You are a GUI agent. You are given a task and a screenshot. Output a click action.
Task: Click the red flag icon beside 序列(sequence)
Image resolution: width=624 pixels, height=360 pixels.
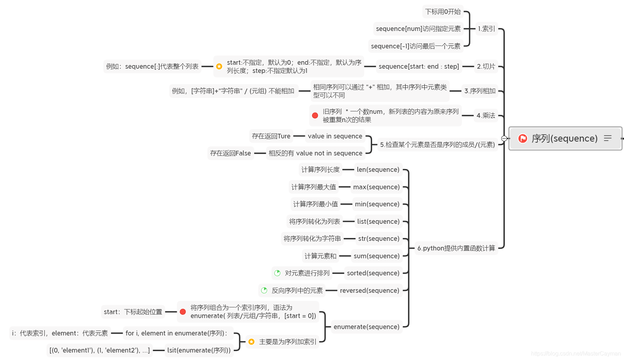click(x=523, y=138)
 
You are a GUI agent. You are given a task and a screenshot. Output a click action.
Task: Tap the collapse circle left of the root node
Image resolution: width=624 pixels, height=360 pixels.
click(x=504, y=138)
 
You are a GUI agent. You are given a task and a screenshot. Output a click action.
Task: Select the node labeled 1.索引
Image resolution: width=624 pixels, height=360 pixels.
click(x=486, y=29)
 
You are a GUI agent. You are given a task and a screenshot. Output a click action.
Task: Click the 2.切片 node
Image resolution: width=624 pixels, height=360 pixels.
click(x=486, y=67)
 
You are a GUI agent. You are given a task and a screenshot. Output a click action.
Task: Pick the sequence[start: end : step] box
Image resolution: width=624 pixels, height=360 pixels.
click(x=419, y=67)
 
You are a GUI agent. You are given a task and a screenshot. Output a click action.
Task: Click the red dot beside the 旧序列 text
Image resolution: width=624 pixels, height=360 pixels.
click(x=315, y=115)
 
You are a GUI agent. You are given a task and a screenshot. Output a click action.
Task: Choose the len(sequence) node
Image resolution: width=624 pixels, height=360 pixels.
click(x=378, y=170)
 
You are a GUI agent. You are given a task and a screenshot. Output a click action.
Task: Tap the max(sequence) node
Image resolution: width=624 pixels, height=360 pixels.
click(x=376, y=187)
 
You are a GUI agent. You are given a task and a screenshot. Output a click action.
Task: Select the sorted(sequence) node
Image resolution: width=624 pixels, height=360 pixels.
click(x=373, y=273)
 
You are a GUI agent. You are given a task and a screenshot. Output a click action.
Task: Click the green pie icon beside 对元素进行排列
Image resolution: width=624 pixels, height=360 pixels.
click(x=277, y=273)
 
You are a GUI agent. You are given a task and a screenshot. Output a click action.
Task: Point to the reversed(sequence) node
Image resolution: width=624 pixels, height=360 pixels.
click(x=370, y=291)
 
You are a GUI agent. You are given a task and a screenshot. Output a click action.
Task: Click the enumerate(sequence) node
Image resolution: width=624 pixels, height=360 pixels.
click(x=366, y=327)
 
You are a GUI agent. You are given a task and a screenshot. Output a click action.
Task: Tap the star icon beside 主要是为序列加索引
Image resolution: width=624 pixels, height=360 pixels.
click(x=252, y=342)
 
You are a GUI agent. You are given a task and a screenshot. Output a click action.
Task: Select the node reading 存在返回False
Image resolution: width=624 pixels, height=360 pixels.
click(x=231, y=153)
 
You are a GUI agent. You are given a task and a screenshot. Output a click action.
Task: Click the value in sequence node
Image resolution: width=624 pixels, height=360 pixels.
click(x=335, y=136)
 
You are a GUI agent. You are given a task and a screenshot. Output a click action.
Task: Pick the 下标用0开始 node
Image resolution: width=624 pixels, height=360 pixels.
click(x=443, y=12)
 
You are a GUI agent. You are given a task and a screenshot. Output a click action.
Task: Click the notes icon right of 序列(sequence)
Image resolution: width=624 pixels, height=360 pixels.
click(x=608, y=138)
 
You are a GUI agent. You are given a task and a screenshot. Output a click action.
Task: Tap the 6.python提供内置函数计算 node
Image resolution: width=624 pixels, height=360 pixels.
click(x=456, y=248)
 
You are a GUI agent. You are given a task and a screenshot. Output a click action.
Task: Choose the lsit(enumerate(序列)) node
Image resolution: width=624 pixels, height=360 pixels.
click(x=199, y=350)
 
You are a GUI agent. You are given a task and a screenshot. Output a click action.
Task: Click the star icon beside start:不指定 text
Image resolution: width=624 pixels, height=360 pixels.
click(x=219, y=67)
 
